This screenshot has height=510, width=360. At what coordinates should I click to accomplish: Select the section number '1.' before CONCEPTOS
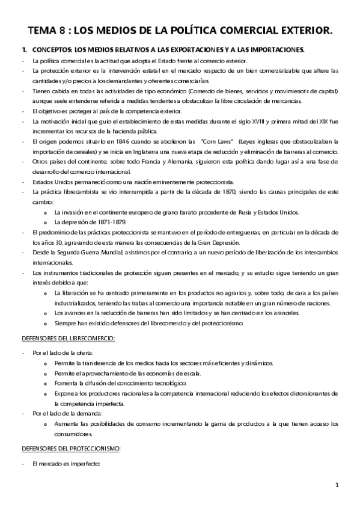(24, 49)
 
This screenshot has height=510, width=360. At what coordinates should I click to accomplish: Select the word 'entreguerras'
(241, 232)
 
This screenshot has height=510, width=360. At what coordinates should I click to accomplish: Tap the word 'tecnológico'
(169, 383)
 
